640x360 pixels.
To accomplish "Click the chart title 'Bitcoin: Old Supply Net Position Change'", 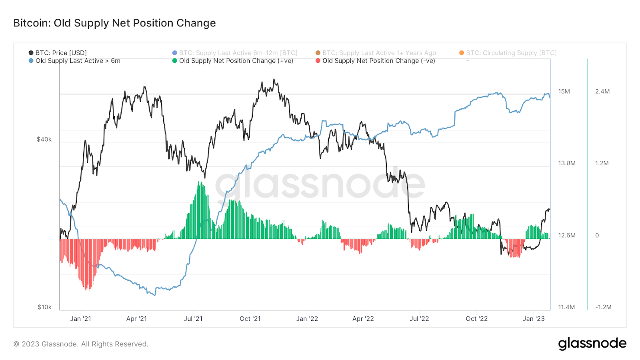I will coord(114,23).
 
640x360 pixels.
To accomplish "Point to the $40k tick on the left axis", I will coord(44,140).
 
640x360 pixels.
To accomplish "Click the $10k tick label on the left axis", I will coord(45,307).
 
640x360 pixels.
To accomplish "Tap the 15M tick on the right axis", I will coord(564,92).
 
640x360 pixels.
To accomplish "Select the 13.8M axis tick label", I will coord(567,163).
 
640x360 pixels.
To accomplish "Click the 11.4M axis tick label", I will coord(566,307).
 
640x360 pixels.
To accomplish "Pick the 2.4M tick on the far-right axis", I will coord(602,92).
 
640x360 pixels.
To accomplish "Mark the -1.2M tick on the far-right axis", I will coord(603,307).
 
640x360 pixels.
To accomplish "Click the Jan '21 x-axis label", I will coord(80,319).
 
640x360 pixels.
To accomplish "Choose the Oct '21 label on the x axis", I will coord(250,319).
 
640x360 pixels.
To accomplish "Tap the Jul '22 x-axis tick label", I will coord(419,319).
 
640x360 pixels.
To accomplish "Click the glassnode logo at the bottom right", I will coord(592,344).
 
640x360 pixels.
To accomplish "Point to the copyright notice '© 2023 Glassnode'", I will coord(81,344).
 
